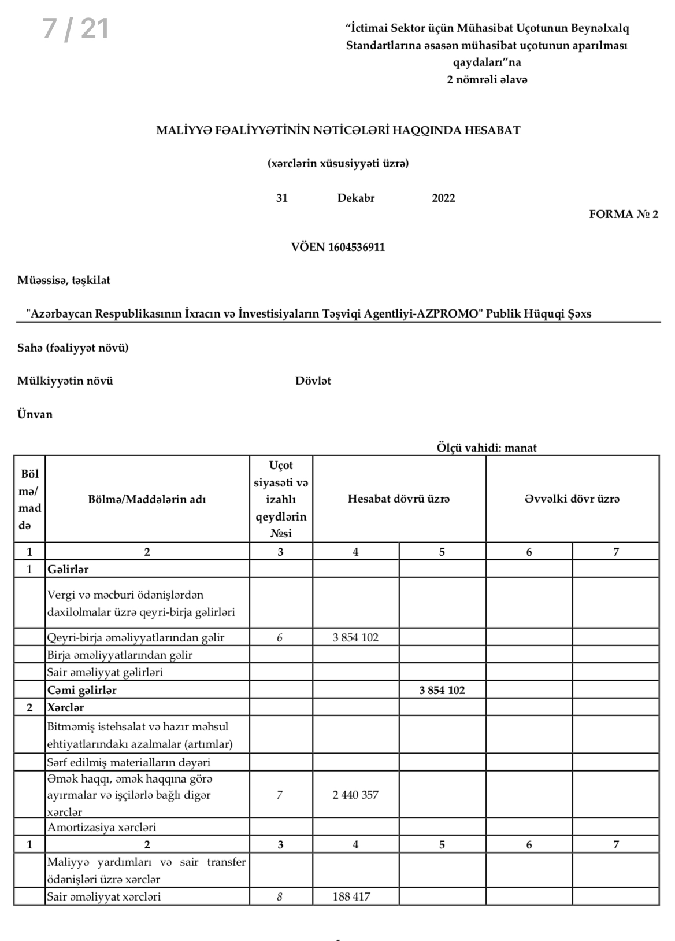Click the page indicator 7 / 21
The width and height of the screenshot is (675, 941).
pos(76,28)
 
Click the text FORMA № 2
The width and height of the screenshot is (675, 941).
pos(623,215)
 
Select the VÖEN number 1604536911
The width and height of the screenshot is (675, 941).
pos(356,248)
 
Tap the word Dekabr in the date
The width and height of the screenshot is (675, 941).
pos(356,198)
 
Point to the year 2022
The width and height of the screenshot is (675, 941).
pos(443,198)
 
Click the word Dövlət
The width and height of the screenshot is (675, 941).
pos(313,381)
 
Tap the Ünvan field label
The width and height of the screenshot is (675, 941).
pos(35,414)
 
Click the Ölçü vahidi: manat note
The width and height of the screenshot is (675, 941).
pos(487,448)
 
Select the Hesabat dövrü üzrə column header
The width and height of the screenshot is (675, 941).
pos(399,499)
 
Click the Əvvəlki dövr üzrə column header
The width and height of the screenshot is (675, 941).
pos(572,499)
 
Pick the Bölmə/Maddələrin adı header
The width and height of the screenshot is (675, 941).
pos(147,499)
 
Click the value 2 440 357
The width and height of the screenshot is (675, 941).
pos(355,795)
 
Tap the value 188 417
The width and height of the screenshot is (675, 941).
pos(351,896)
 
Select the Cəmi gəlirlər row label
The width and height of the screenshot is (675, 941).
pos(82,690)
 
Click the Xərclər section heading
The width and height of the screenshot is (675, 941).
pos(66,707)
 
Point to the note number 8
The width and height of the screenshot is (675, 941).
pos(280,897)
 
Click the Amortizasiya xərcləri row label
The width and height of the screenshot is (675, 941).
pos(102,827)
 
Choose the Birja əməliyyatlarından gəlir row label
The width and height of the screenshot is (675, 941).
pos(120,655)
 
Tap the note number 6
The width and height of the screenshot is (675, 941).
pos(280,637)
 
